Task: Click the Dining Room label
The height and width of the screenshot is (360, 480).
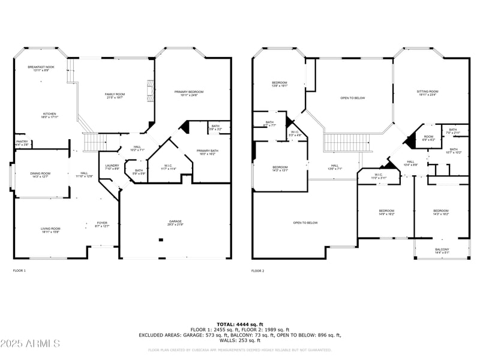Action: click(41, 175)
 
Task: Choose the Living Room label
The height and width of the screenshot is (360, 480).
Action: click(50, 230)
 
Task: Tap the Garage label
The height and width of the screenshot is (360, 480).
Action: click(175, 223)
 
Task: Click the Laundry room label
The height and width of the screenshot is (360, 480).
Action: click(112, 167)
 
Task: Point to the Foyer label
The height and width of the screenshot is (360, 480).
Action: click(102, 224)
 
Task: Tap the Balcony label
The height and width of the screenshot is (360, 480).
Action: click(442, 251)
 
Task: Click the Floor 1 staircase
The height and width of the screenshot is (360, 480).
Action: click(94, 143)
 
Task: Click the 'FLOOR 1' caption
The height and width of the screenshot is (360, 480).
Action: click(19, 271)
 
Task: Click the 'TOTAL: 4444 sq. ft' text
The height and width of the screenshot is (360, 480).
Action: click(240, 324)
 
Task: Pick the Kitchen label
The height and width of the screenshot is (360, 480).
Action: click(49, 115)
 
